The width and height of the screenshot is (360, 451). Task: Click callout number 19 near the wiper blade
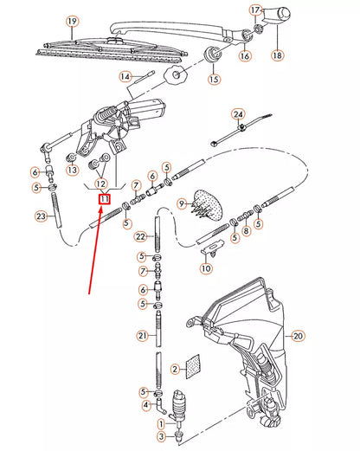[72, 21]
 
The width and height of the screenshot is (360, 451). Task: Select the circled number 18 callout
[277, 55]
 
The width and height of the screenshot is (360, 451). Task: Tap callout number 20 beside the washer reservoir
[299, 335]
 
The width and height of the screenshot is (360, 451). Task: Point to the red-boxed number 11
[104, 199]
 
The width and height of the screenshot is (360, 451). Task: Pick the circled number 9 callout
[181, 204]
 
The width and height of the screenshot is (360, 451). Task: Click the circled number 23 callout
[40, 216]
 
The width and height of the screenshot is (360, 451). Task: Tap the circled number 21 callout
[141, 335]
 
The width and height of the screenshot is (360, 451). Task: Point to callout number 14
[125, 77]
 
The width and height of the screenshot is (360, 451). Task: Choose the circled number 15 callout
[213, 80]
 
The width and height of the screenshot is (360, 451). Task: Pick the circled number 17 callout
[255, 10]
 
